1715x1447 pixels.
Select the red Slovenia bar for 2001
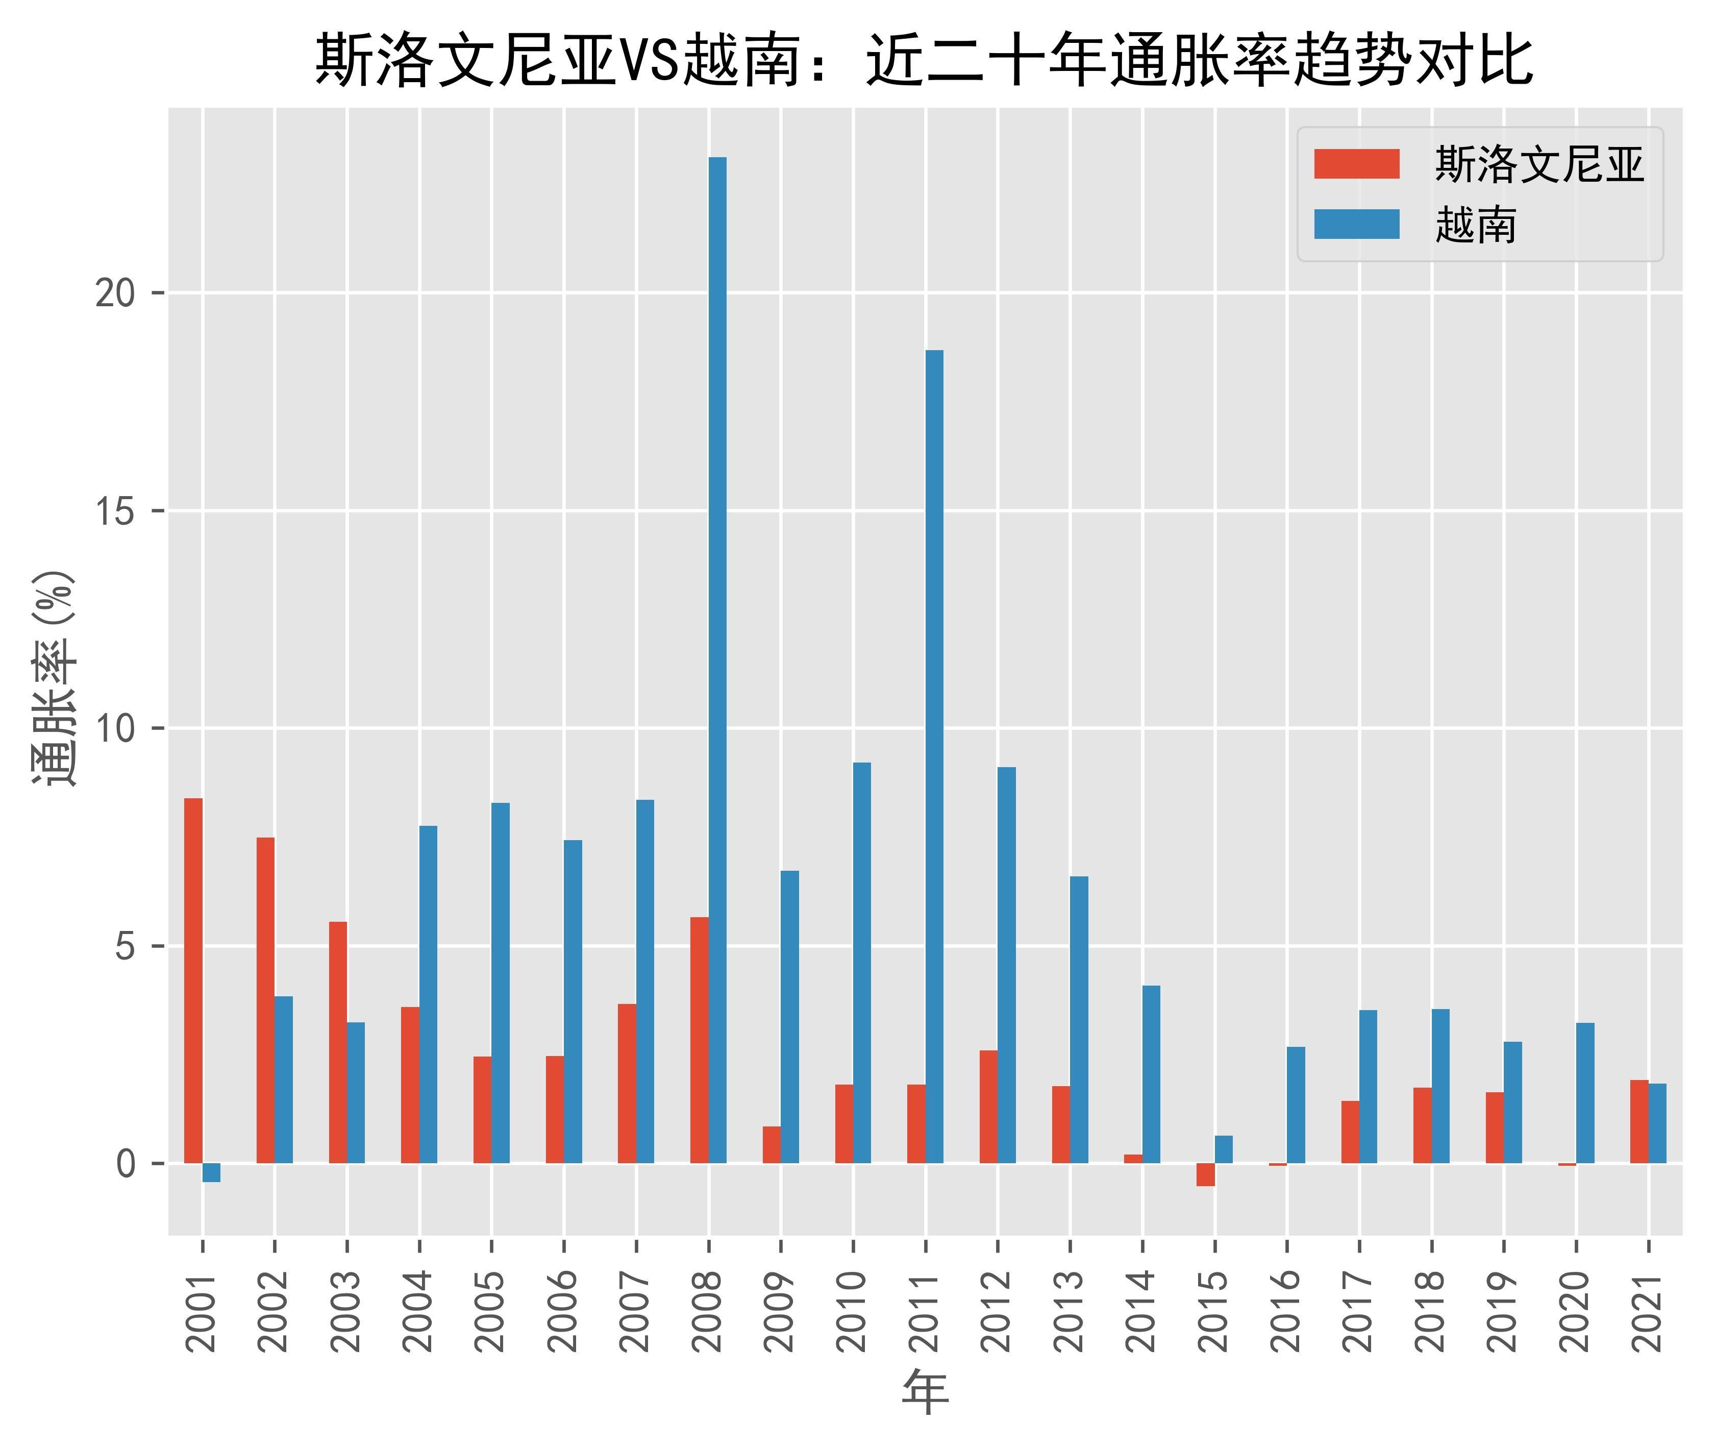click(193, 980)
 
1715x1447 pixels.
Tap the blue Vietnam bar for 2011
click(934, 756)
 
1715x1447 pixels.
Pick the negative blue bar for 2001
click(212, 1173)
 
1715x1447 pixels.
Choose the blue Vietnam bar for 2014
click(1152, 1074)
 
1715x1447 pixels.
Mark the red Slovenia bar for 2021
click(1639, 1121)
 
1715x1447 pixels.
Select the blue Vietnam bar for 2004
click(428, 994)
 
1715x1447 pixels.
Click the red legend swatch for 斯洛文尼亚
click(1357, 164)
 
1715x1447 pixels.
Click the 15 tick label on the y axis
click(115, 511)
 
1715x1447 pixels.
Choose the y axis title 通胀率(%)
click(54, 678)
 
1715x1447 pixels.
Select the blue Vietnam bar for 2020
click(1585, 1093)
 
